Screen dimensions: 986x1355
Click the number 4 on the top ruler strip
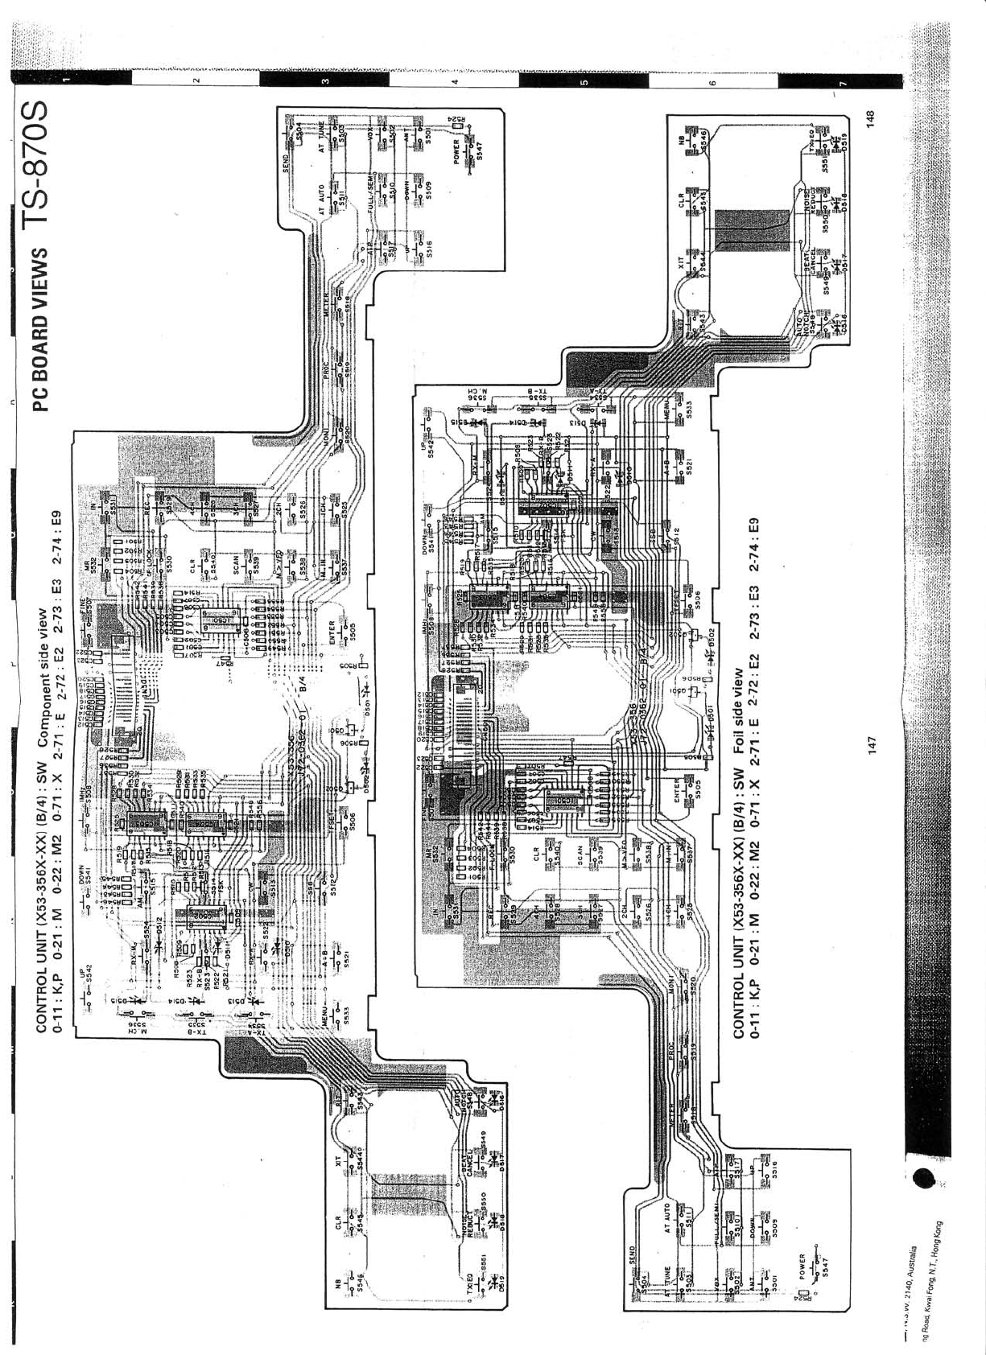point(455,81)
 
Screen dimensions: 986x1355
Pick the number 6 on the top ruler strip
point(712,81)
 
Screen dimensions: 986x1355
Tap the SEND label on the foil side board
point(633,1256)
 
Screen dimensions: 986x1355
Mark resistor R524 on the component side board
point(456,121)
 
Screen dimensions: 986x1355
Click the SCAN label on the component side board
point(236,563)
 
